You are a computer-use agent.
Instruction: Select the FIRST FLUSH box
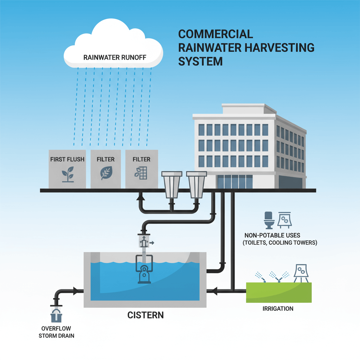67,169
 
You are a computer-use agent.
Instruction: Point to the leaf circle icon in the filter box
105,173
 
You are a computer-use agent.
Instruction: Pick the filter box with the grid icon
141,169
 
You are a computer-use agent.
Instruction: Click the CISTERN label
145,315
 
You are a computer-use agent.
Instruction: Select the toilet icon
269,219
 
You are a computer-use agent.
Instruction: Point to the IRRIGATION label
278,309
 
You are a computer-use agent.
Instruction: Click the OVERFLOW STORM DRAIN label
57,332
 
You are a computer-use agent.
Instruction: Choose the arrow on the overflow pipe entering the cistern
75,291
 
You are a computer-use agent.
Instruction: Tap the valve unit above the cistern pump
144,242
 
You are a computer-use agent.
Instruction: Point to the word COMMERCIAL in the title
216,34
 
